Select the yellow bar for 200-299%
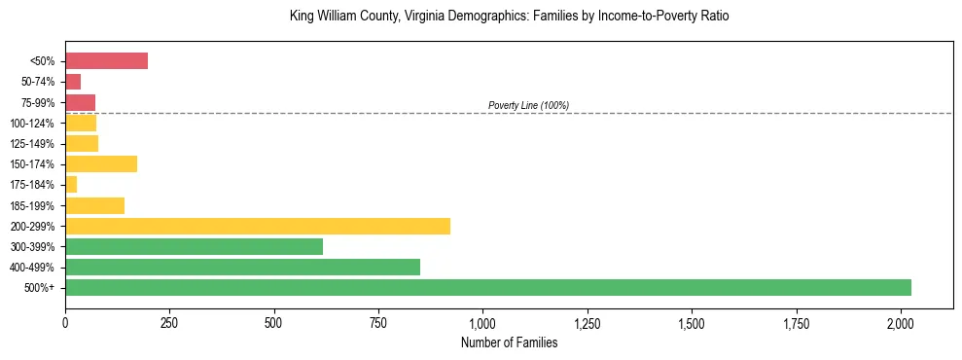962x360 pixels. [258, 226]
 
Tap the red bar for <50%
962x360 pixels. [106, 61]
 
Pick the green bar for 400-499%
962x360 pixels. [242, 267]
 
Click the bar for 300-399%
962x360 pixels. [194, 246]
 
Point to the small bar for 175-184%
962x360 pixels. [71, 185]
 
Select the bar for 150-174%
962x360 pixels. [101, 164]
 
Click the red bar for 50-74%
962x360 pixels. [73, 82]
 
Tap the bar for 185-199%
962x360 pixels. [94, 205]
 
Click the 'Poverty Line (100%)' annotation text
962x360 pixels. [528, 105]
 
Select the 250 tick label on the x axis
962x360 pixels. [169, 322]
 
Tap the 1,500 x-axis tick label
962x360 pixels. [692, 322]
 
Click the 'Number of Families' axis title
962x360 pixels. [509, 342]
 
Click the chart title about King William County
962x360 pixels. [509, 17]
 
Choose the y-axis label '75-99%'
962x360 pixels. [38, 102]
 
